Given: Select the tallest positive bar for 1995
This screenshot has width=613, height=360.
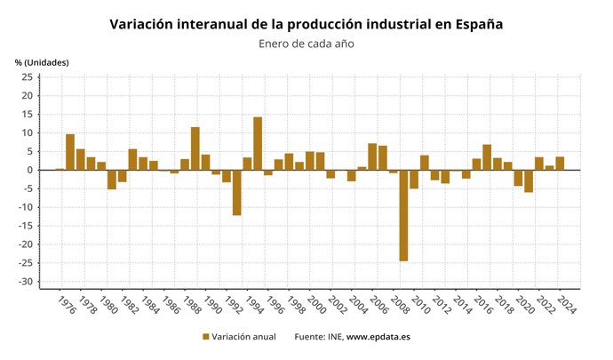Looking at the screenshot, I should pos(258,143).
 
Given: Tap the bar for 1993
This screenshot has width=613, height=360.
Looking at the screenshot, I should pos(237,192).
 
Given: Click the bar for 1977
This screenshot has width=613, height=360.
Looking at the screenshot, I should pos(70,152).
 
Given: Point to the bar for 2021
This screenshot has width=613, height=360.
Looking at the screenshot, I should pos(529,180).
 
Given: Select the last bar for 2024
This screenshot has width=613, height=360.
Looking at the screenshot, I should pos(560,163).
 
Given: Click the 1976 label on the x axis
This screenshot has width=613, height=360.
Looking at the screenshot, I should pos(65,307).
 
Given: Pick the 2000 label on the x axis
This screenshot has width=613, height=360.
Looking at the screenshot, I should pos(315,307).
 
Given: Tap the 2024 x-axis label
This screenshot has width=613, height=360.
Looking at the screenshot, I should pos(565,307).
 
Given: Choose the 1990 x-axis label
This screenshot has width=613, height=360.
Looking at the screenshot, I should pos(211,307).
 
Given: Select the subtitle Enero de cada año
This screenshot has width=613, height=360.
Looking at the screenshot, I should pos(306,44).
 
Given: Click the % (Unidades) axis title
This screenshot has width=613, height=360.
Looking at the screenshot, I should pos(42,62).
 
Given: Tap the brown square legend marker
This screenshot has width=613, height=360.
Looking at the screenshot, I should pos(206,337).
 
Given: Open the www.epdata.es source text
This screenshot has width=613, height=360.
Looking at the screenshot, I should pos(378,337).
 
